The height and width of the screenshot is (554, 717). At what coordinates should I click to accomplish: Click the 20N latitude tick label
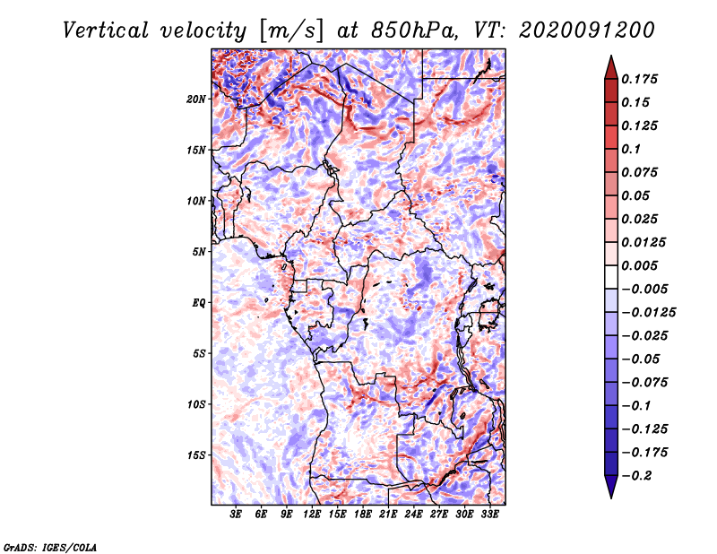point(196,99)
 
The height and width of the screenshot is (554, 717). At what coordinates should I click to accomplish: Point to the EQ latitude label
point(198,303)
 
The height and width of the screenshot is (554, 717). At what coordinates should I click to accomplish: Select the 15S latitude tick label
point(196,455)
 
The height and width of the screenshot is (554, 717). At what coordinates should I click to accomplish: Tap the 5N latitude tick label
point(198,252)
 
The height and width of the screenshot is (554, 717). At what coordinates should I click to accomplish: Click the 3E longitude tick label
point(236,515)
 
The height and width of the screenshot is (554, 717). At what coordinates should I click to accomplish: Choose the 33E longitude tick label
point(489,515)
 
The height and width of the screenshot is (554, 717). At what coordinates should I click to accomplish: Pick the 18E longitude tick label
point(363,515)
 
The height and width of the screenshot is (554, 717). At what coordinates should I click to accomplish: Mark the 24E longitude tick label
point(413,515)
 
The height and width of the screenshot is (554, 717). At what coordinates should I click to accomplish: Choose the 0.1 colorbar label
point(634,149)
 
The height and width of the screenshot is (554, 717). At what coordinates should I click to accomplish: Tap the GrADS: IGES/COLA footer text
point(50,546)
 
